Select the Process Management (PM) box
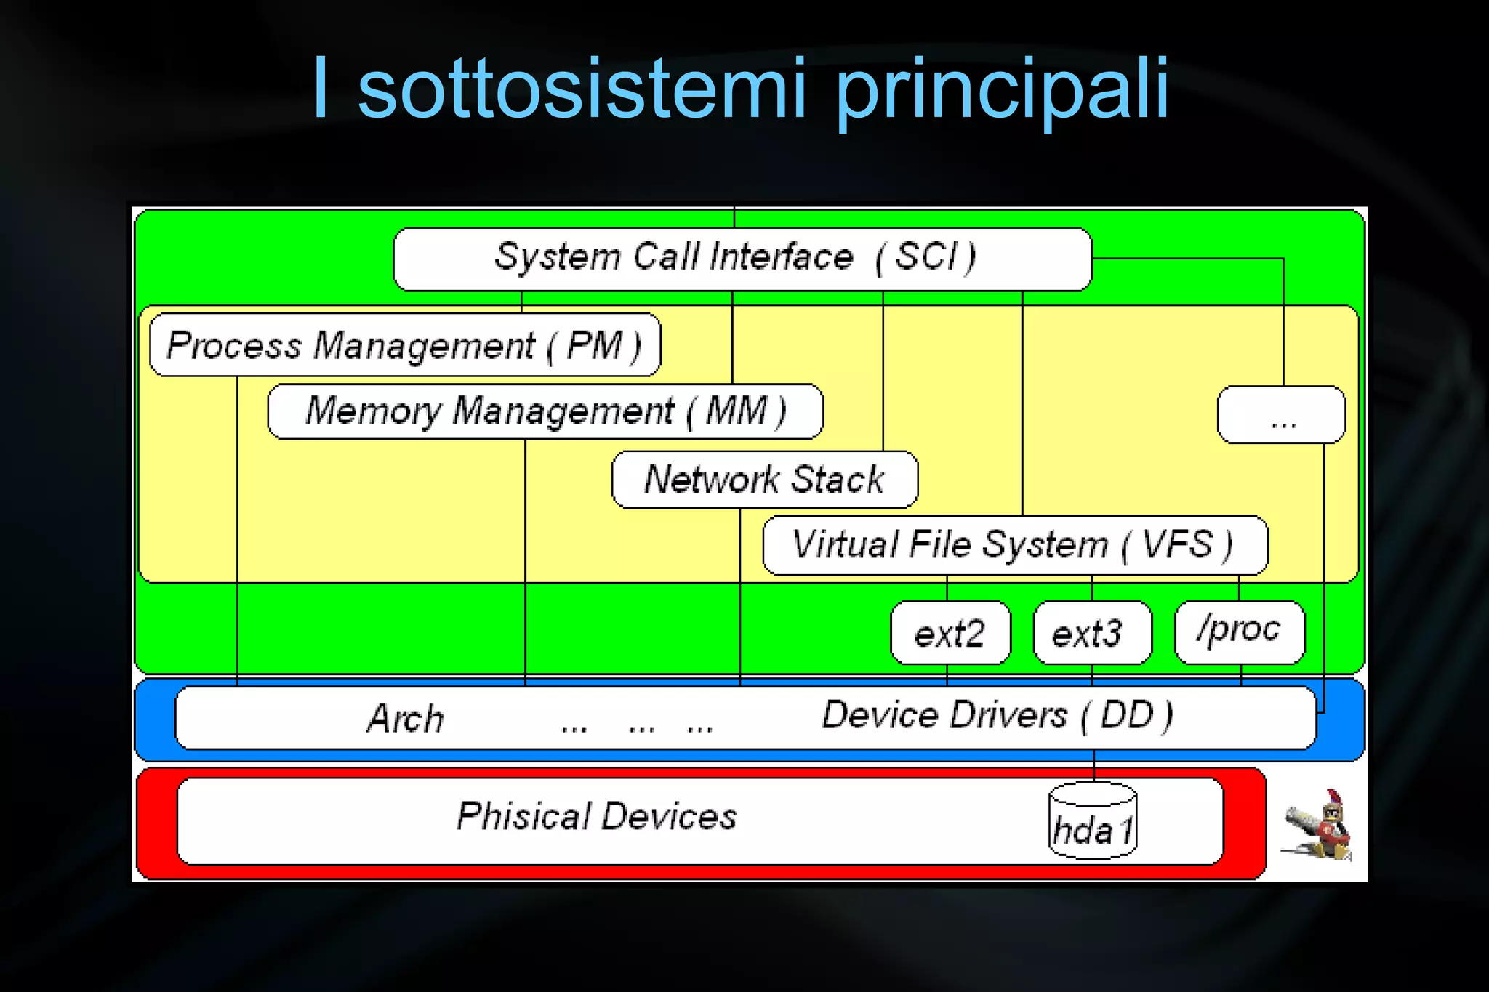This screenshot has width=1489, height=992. [x=405, y=344]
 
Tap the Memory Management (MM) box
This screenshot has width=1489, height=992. [x=545, y=411]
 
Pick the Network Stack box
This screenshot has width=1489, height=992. [x=765, y=480]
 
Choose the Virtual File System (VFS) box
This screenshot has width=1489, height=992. [x=1015, y=545]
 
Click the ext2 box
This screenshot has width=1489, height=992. [x=950, y=633]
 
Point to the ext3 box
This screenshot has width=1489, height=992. [x=1092, y=633]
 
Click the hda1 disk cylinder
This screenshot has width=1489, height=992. [x=1093, y=821]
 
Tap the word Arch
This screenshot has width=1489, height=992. [x=405, y=719]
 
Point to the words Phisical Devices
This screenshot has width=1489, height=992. [x=596, y=816]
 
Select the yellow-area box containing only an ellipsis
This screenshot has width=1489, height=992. [x=1281, y=415]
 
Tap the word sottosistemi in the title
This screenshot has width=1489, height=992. [x=582, y=89]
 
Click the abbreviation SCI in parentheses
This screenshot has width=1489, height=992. [x=928, y=257]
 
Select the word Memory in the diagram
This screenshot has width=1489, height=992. [x=373, y=411]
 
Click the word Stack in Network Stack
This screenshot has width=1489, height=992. [x=838, y=480]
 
